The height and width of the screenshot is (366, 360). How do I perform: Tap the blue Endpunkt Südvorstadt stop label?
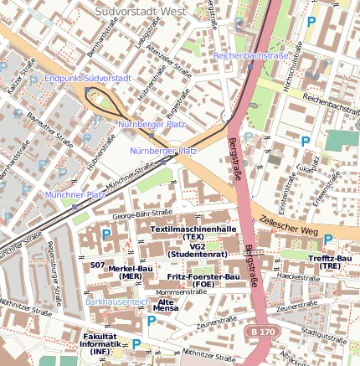88,78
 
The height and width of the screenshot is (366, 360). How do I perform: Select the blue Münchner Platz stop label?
75,194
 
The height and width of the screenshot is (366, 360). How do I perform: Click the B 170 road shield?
262,332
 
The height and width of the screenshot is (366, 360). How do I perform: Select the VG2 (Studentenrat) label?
198,250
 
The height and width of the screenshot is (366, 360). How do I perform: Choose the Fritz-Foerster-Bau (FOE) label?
203,281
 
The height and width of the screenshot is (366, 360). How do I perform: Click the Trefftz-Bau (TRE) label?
329,262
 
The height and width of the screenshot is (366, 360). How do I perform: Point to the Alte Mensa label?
167,305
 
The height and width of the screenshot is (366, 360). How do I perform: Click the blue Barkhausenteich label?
117,301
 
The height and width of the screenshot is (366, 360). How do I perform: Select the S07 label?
97,265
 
